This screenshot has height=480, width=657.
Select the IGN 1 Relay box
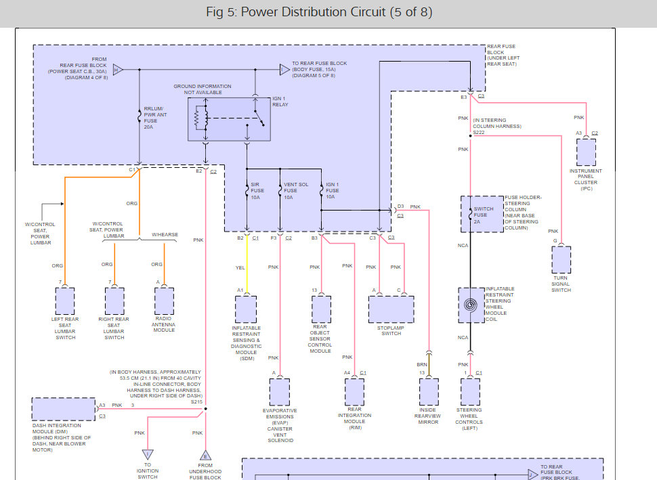pyautogui.click(x=228, y=119)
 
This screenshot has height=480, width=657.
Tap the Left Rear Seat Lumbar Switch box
pyautogui.click(x=65, y=301)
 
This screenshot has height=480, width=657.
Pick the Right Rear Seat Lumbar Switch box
pyautogui.click(x=114, y=301)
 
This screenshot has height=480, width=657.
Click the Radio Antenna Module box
pyautogui.click(x=165, y=301)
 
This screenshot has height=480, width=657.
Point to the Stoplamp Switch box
pyautogui.click(x=391, y=310)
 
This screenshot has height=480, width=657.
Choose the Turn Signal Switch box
pyautogui.click(x=561, y=260)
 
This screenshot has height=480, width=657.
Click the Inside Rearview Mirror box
pyautogui.click(x=429, y=392)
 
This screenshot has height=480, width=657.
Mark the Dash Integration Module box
pyautogui.click(x=63, y=410)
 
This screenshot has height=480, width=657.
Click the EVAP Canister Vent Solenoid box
pyautogui.click(x=279, y=392)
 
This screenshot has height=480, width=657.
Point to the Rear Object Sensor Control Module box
pyautogui.click(x=320, y=309)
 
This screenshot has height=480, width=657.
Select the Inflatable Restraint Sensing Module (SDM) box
pyautogui.click(x=245, y=309)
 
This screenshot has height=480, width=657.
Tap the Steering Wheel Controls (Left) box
pyautogui.click(x=470, y=392)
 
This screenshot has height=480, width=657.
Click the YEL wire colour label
pyautogui.click(x=240, y=267)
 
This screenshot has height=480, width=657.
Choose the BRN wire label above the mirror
pyautogui.click(x=421, y=364)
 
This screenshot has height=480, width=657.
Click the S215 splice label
pyautogui.click(x=196, y=402)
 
